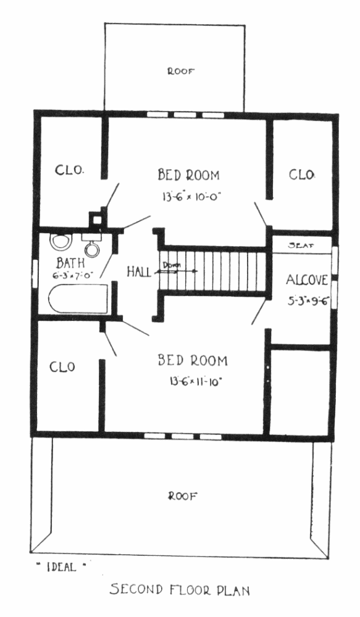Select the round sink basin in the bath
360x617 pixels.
(92, 248)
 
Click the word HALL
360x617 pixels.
(139, 271)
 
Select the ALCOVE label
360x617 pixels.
(307, 280)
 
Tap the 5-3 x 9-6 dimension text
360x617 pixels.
(308, 302)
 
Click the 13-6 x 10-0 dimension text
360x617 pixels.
(191, 196)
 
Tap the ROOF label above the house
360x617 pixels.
(181, 72)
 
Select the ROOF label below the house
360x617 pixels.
(183, 496)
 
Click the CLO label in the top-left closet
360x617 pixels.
(69, 170)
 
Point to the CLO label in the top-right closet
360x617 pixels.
(302, 175)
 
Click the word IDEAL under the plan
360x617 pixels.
(61, 567)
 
